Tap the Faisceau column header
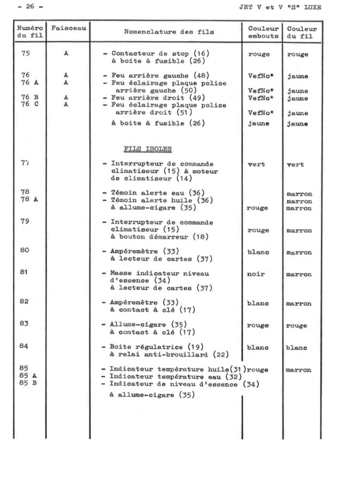(68, 28)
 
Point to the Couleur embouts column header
(263, 32)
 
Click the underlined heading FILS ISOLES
(148, 149)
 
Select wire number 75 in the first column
(25, 53)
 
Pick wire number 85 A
(29, 376)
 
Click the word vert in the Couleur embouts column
(256, 164)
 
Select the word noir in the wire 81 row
(256, 274)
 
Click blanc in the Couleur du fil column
(297, 348)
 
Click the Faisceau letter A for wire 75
(67, 53)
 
